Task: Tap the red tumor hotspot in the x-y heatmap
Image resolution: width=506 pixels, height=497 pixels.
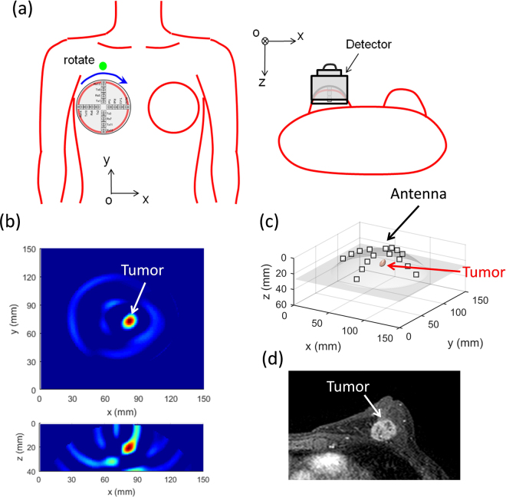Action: click(130, 321)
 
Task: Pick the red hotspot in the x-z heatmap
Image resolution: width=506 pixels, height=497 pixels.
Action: click(130, 445)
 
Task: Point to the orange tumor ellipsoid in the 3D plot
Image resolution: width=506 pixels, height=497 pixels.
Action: click(381, 264)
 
